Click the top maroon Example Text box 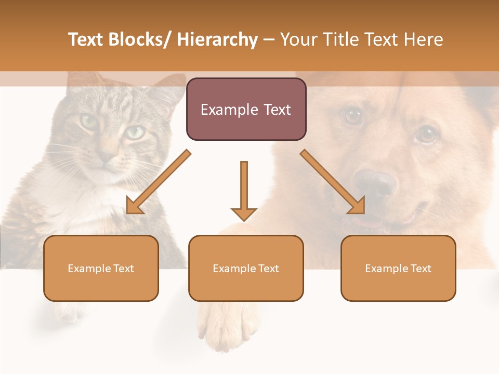click(246, 109)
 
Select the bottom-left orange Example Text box click(101, 268)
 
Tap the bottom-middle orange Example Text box click(246, 268)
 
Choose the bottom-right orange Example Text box click(398, 268)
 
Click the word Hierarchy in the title click(217, 39)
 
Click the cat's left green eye click(88, 122)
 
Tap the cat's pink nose click(106, 156)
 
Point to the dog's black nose click(375, 182)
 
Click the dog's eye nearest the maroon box click(353, 115)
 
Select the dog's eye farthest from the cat click(426, 135)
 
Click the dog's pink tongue click(370, 222)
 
